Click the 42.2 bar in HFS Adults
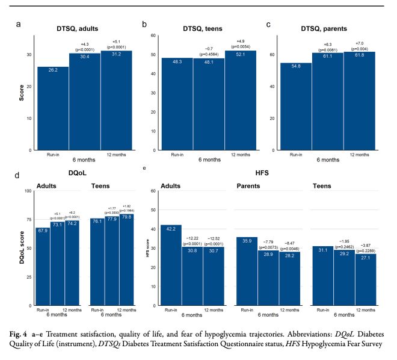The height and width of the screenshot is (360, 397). click(171, 259)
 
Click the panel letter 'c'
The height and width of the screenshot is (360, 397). click(268, 24)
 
